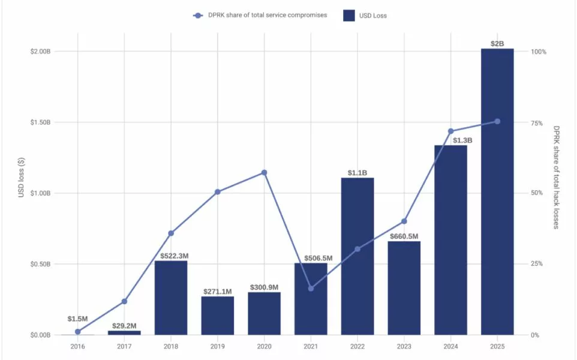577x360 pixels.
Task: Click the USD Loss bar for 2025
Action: tap(497, 192)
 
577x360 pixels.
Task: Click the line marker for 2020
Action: tap(264, 173)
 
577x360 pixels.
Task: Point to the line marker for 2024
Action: tap(451, 131)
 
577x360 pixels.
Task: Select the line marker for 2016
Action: tap(77, 331)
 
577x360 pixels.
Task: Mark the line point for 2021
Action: tap(311, 289)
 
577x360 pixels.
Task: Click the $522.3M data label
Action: tap(171, 256)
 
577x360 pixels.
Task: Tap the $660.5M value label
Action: tap(404, 236)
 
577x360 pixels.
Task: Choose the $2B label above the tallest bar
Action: tap(497, 43)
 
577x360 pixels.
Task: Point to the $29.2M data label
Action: tap(124, 326)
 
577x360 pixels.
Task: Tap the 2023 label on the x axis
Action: tap(404, 347)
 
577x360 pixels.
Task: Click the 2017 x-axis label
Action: tap(124, 347)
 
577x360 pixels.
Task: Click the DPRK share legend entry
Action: tap(260, 16)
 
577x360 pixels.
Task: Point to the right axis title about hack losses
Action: tap(557, 177)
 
